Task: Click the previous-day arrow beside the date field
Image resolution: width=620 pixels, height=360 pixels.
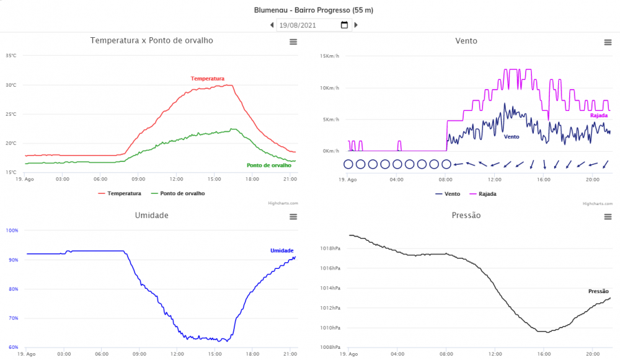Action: coord(272,25)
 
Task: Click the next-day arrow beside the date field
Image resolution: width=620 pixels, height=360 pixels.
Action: coord(356,25)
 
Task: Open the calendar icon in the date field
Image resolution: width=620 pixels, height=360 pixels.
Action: coord(345,25)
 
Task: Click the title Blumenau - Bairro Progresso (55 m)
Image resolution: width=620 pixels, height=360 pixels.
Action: coord(314,10)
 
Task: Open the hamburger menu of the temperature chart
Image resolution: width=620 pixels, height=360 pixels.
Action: coord(293,42)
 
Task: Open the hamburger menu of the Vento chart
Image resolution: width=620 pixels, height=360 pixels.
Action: coord(608,42)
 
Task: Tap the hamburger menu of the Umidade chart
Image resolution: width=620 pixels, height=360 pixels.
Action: coord(293,216)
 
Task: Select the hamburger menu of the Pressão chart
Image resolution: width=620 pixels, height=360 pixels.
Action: coord(608,216)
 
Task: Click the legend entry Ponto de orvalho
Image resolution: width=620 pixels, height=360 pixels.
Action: coord(182,193)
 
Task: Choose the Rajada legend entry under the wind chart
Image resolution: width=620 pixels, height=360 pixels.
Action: coord(487,194)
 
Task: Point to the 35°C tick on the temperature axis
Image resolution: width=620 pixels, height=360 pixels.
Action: coord(11,56)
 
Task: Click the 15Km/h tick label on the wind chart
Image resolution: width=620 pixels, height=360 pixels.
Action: coord(330,56)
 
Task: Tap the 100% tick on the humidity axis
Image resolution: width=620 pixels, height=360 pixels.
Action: coord(12,230)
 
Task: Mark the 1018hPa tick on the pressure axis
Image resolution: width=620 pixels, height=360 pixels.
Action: coord(330,248)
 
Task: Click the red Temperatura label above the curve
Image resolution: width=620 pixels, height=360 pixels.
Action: coord(207,79)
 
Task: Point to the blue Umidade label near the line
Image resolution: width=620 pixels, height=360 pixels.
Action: coord(281,250)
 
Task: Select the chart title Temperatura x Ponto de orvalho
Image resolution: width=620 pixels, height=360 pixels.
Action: coord(152,40)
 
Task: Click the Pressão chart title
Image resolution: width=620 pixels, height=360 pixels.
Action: coord(466,216)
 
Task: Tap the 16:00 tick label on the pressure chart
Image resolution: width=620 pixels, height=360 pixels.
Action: coord(544,354)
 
